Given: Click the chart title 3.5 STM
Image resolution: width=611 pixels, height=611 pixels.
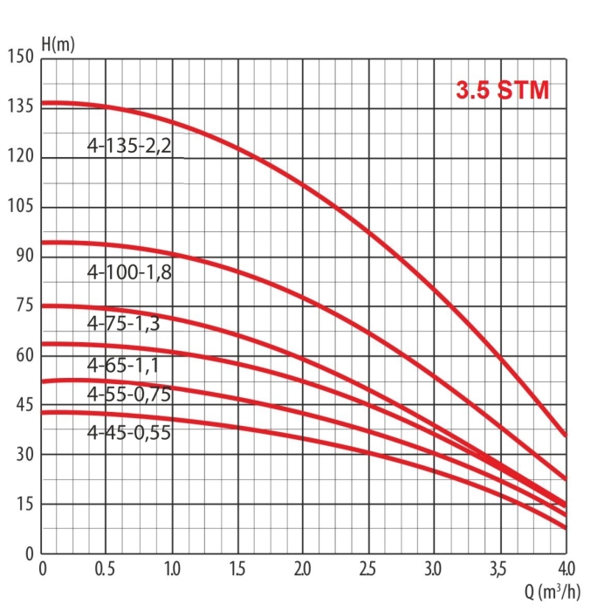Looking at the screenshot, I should pos(503,91).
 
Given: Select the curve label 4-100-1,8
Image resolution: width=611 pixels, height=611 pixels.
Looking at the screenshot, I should pos(130,272).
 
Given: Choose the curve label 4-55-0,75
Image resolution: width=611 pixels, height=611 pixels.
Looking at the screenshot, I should pos(129,395).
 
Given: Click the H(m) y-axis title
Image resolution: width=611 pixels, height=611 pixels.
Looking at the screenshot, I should pos(58,44).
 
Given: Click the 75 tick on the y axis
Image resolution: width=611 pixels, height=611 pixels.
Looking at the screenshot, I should pos(23,306).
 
